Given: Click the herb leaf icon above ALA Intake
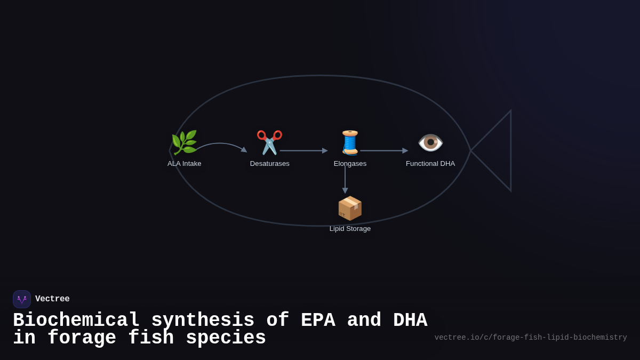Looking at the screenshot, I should (x=184, y=142).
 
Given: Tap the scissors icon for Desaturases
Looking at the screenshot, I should (x=269, y=142).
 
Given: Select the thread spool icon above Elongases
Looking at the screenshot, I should (x=350, y=142).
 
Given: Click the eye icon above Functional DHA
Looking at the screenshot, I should (x=430, y=142).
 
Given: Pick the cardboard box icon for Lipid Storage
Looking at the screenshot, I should (x=350, y=208).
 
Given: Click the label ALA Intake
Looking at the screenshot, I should (x=185, y=164).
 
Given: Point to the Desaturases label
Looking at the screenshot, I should (x=270, y=164).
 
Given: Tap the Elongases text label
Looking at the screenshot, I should (x=350, y=164).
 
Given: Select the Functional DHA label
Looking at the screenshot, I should (x=430, y=164).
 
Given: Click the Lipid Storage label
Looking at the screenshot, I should (x=350, y=229).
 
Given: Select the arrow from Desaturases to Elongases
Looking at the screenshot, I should (x=303, y=151).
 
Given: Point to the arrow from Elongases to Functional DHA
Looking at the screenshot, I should (x=383, y=151).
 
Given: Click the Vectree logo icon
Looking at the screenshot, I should (x=22, y=299).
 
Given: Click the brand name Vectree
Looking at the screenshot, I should (x=52, y=299).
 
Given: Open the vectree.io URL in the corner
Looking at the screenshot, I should (x=531, y=338).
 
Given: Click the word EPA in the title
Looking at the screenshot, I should (x=318, y=321).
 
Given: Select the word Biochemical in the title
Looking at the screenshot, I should (x=76, y=321).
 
